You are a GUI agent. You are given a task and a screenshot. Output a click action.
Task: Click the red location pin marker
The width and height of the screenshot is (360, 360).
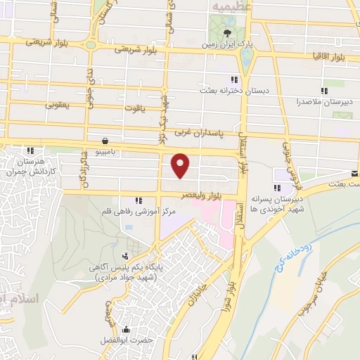pos(181,165)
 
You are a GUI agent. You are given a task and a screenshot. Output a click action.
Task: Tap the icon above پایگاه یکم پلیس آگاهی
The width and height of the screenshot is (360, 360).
pos(126,255)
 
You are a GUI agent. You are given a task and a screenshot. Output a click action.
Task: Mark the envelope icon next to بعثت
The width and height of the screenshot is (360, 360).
pos(355,174)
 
